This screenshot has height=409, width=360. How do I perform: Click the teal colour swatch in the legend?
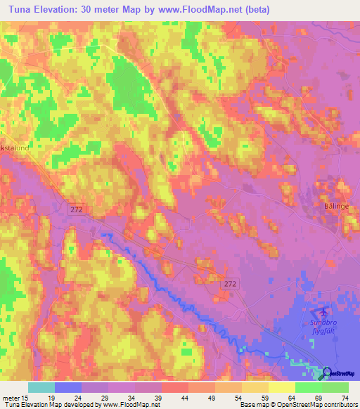coord(41,387)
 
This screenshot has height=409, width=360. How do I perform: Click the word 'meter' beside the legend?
coord(10,397)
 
